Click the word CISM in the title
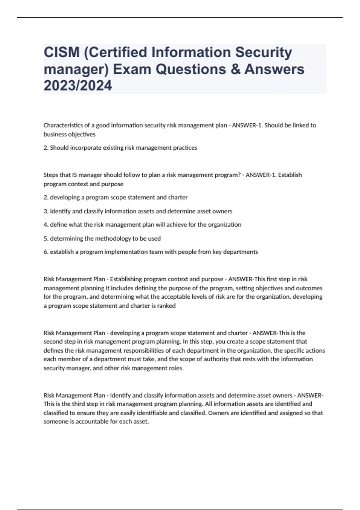tap(61, 52)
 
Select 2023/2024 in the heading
tap(78, 86)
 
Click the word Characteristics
tap(61, 125)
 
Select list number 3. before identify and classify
tap(46, 211)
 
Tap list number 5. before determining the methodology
tap(46, 238)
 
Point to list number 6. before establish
tap(46, 252)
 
